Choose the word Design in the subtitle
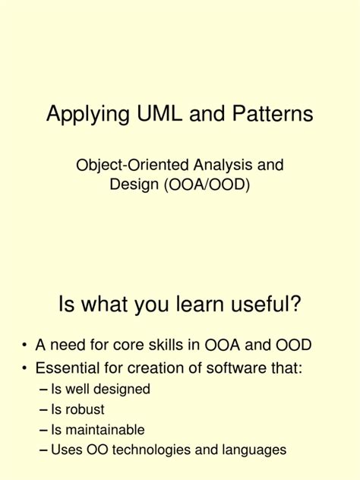click(131, 185)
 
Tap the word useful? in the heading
click(264, 305)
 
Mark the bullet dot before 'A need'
click(25, 346)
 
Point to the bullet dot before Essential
click(25, 370)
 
